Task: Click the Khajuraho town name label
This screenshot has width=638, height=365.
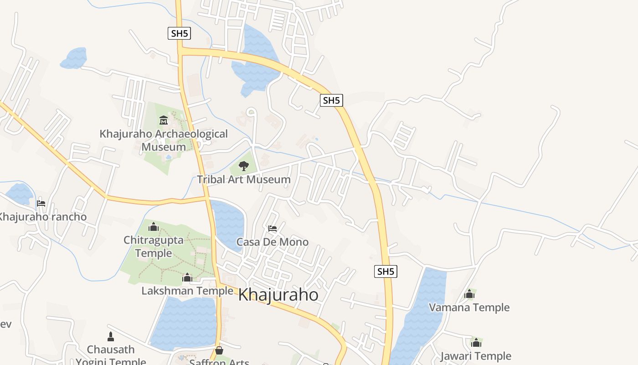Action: tap(278, 295)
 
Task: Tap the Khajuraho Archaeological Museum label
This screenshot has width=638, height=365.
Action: tap(164, 140)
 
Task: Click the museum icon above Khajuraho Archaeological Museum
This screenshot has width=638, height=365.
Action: tap(164, 120)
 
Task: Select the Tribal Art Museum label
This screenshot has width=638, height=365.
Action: tap(244, 179)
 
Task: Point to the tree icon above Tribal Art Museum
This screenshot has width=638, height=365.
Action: tap(244, 166)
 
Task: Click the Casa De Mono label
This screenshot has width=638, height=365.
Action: tap(273, 242)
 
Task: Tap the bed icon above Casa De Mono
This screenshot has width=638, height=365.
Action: tap(273, 228)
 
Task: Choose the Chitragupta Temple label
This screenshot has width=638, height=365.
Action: tap(154, 246)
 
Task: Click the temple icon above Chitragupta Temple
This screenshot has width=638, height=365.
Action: tap(154, 227)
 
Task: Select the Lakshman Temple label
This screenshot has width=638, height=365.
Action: tap(187, 291)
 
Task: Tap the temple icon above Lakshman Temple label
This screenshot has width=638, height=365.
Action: tap(187, 277)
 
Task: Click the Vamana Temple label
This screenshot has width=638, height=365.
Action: tap(469, 308)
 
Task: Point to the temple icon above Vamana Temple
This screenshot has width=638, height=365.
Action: tap(469, 294)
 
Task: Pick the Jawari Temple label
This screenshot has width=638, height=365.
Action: tap(476, 356)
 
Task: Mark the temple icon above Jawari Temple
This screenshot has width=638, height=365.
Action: tap(476, 342)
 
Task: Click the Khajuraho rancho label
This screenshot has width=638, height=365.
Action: tap(42, 216)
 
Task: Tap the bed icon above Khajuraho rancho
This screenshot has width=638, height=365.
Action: tap(41, 203)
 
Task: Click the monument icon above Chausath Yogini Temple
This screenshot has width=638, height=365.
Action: tap(110, 337)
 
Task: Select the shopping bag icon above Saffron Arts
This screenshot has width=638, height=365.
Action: tap(219, 350)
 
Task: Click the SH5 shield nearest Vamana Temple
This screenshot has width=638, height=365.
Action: tap(386, 271)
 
